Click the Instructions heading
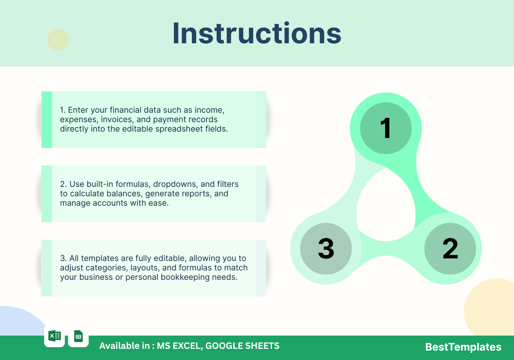(257, 33)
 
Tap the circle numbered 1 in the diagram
(386, 128)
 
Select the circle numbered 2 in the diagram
(450, 249)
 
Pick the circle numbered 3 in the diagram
(326, 249)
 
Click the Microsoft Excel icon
(55, 336)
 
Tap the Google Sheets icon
(78, 336)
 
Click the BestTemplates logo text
(463, 347)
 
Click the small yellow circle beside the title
(58, 40)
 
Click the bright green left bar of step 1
(47, 120)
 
